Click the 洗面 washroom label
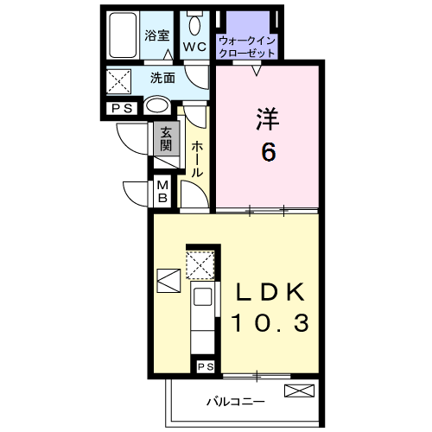162,78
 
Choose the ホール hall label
197,160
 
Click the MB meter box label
162,192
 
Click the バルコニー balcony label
235,402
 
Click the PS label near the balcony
205,368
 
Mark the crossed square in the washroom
118,82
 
